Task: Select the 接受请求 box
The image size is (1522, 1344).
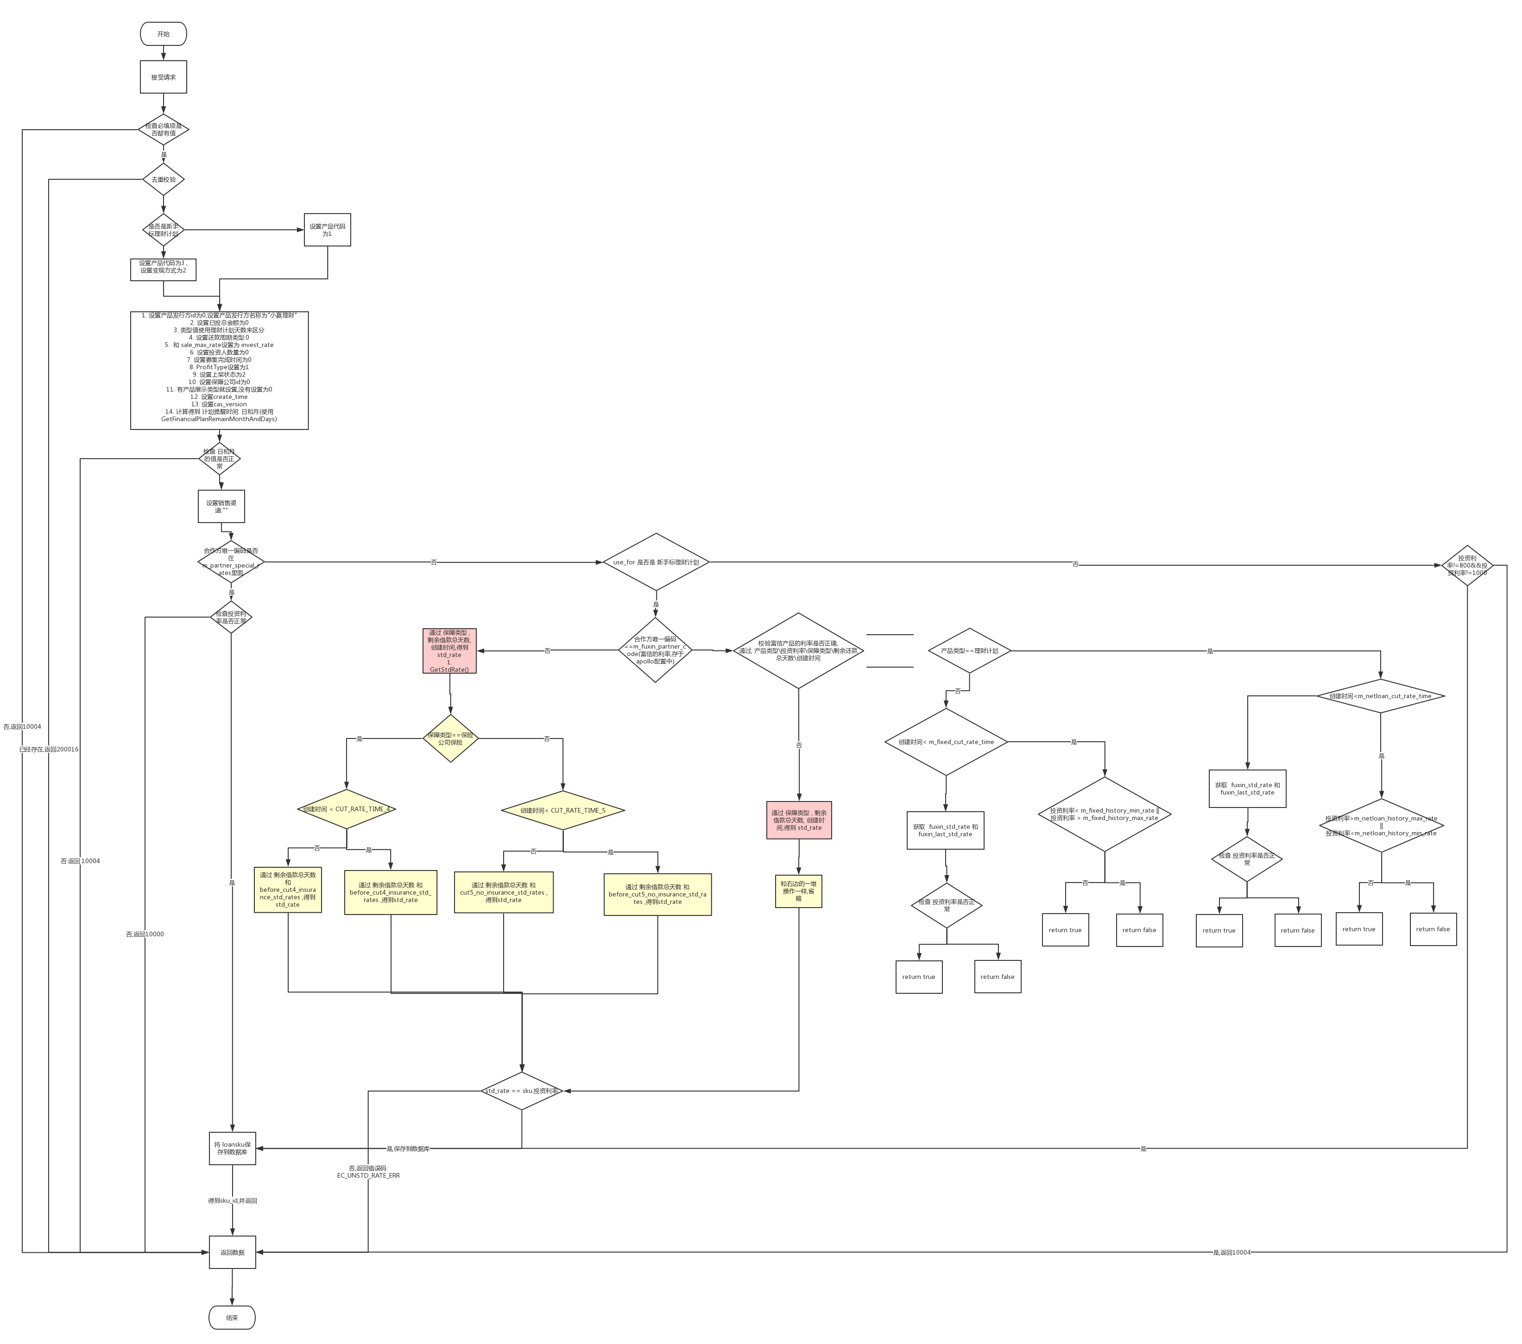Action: point(163,77)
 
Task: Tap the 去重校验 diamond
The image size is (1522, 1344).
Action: point(163,179)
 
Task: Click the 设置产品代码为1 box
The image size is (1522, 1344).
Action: point(327,230)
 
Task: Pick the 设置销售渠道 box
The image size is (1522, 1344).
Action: point(221,506)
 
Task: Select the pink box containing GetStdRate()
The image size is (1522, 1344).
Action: point(449,651)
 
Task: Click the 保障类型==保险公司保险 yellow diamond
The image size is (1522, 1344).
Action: point(450,738)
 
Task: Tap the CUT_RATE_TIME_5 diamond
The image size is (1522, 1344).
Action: point(563,810)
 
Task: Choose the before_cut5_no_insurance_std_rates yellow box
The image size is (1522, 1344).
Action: point(657,894)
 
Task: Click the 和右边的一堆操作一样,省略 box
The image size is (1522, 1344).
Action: point(798,891)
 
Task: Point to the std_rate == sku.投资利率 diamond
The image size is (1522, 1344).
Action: point(521,1091)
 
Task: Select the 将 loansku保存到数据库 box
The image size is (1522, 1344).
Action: point(232,1148)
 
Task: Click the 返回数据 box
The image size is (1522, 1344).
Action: point(232,1252)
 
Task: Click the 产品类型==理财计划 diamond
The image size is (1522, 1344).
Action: point(969,651)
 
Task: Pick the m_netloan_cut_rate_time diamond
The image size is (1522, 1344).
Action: point(1381,696)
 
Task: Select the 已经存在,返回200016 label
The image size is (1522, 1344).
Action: point(48,749)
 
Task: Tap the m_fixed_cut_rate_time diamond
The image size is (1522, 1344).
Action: point(946,742)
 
